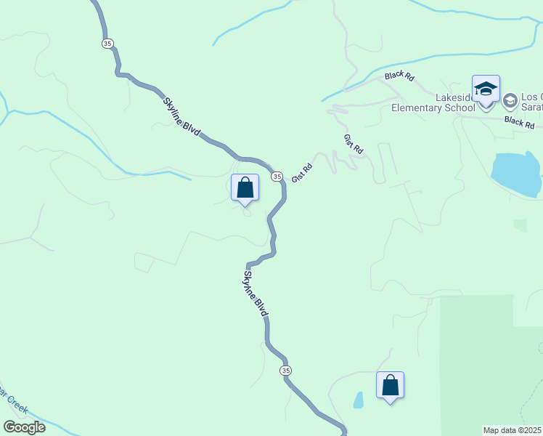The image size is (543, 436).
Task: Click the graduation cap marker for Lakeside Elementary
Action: pyautogui.click(x=486, y=90)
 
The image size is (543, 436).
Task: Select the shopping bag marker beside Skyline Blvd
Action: pyautogui.click(x=245, y=188)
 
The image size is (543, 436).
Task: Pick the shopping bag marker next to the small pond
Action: pyautogui.click(x=390, y=386)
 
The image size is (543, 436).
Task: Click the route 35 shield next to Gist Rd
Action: pyautogui.click(x=277, y=177)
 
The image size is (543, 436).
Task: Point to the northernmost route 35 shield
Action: pyautogui.click(x=107, y=44)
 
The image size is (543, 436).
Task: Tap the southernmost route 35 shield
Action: pyautogui.click(x=286, y=371)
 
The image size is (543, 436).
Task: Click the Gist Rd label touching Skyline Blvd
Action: pyautogui.click(x=302, y=172)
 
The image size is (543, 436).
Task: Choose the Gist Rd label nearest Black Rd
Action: pyautogui.click(x=353, y=143)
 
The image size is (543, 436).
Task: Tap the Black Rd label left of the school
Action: pyautogui.click(x=399, y=76)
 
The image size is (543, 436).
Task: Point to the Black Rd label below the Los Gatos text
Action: pyautogui.click(x=520, y=121)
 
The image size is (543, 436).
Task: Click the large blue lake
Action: pyautogui.click(x=517, y=174)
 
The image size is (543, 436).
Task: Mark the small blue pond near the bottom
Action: pyautogui.click(x=358, y=400)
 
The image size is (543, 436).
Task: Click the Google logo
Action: pyautogui.click(x=25, y=427)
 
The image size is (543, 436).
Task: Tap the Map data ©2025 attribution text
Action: pyautogui.click(x=513, y=430)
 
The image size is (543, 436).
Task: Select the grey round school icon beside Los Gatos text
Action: pyautogui.click(x=510, y=101)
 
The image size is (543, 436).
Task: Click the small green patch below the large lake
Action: pyautogui.click(x=520, y=225)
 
